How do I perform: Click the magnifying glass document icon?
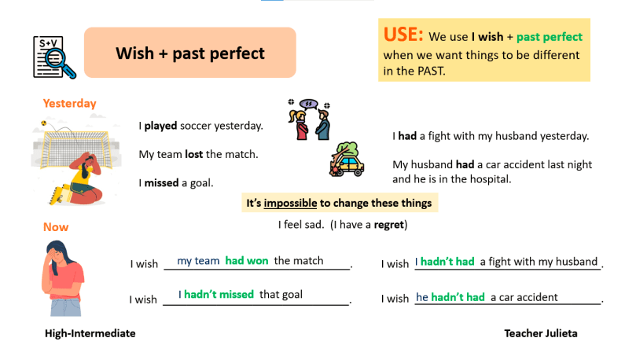(x=53, y=56)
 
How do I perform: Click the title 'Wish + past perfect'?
(x=189, y=53)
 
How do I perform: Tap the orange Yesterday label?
(x=69, y=103)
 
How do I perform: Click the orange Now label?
(x=56, y=227)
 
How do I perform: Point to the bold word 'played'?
(x=160, y=126)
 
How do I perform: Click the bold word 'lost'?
(x=194, y=154)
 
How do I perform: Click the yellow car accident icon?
(x=347, y=160)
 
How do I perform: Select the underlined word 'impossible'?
(x=290, y=204)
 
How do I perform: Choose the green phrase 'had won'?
(x=246, y=261)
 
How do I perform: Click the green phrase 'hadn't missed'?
(x=219, y=295)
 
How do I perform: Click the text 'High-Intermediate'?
(x=90, y=333)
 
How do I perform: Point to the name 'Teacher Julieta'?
(x=541, y=333)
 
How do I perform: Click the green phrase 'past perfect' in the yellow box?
(x=550, y=37)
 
